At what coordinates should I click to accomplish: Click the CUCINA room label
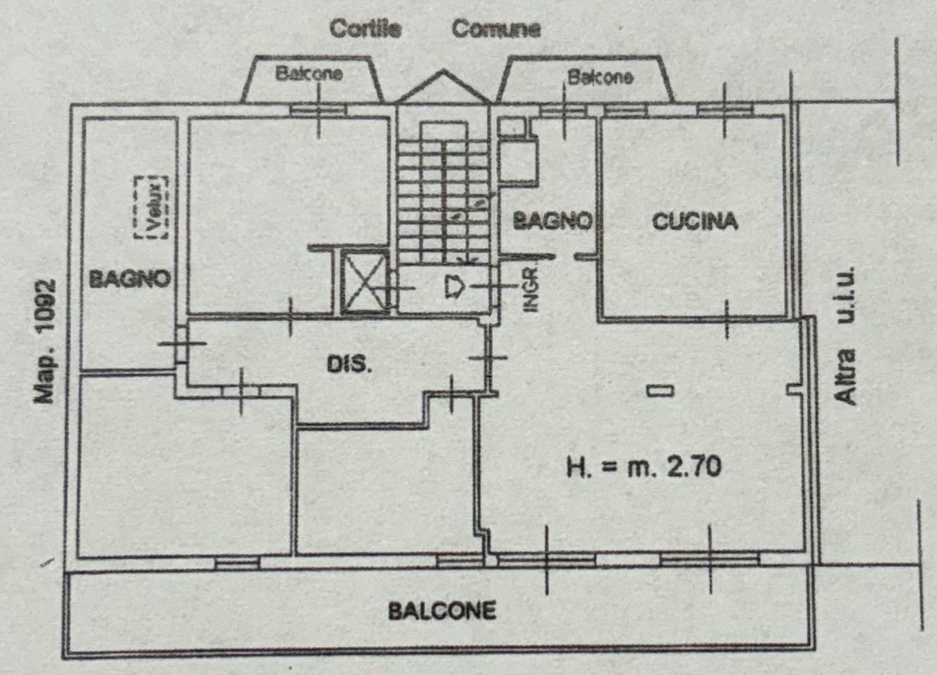tap(695, 221)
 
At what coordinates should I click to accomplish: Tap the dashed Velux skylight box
tap(151, 207)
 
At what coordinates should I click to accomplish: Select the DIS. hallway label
tap(349, 365)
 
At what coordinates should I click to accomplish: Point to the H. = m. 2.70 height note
tap(644, 467)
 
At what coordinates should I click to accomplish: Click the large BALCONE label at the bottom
tap(442, 611)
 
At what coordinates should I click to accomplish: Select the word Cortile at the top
tap(366, 29)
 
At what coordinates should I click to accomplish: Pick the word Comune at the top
tap(497, 29)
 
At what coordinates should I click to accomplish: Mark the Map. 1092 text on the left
tap(44, 341)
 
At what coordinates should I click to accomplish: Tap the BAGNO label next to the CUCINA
tap(552, 220)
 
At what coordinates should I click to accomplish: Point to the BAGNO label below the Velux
tap(130, 279)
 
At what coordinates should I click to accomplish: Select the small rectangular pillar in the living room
tap(661, 391)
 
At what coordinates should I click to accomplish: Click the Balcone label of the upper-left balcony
tap(309, 74)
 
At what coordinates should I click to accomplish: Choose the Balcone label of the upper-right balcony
tap(600, 77)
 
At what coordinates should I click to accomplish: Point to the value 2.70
tap(694, 467)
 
